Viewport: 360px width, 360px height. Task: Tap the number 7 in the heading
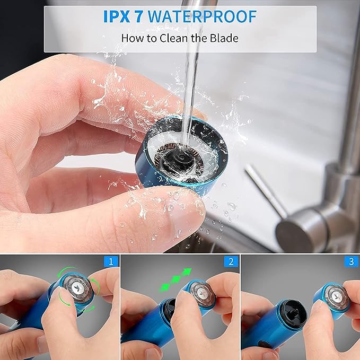click(x=139, y=16)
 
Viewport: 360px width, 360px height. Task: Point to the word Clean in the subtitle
click(x=172, y=38)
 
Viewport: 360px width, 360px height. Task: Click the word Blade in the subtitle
click(x=225, y=38)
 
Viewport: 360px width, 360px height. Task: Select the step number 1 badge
click(x=110, y=261)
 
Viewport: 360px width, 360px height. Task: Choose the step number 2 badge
click(x=230, y=261)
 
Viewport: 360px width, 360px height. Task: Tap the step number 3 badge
click(x=350, y=261)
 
